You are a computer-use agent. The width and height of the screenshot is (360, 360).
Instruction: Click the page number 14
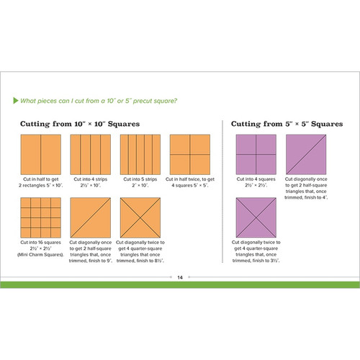(x=180, y=276)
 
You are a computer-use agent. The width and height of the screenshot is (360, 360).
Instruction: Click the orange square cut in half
(x=40, y=153)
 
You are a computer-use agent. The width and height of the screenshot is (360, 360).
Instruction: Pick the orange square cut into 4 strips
(x=89, y=153)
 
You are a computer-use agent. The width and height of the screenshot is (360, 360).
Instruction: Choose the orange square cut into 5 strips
(x=138, y=153)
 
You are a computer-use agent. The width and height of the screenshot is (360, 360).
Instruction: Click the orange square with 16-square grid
(x=40, y=217)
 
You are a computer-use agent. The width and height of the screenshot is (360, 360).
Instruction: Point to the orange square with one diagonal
(x=89, y=217)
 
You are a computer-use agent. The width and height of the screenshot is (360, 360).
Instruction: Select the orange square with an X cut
(x=138, y=217)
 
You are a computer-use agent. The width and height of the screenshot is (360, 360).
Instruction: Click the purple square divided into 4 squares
(x=256, y=153)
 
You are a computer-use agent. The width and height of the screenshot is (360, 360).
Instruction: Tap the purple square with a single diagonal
(x=305, y=153)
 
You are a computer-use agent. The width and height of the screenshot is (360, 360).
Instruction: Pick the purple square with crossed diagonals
(x=256, y=217)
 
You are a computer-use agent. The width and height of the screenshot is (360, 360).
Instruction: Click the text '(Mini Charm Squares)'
(x=40, y=256)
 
